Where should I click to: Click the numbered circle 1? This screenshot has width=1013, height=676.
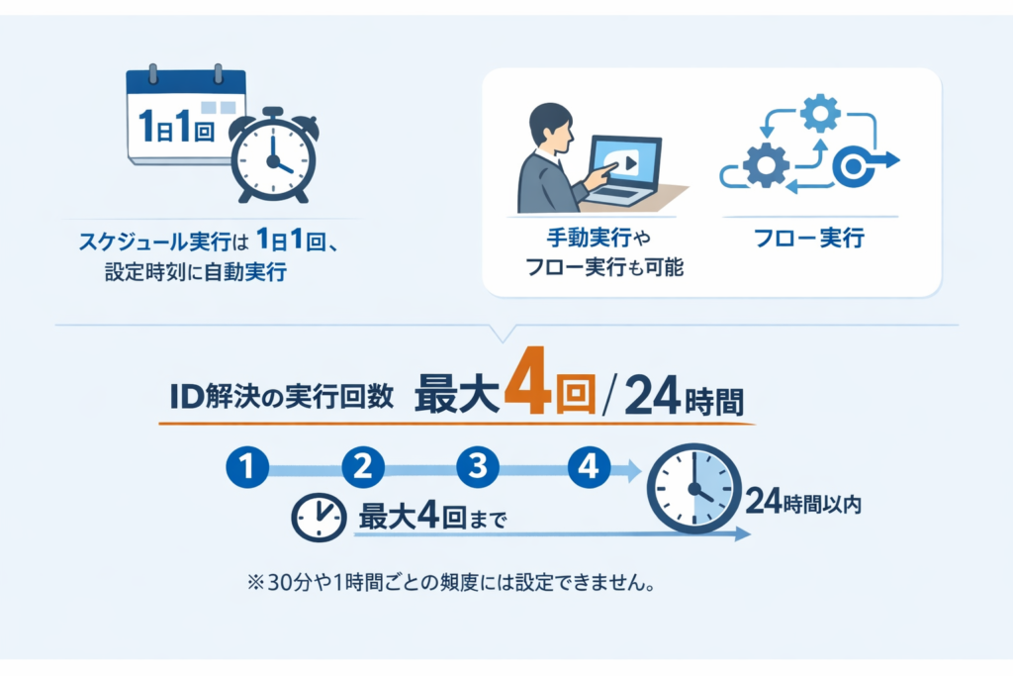(247, 466)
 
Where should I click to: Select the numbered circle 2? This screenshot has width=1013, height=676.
(363, 466)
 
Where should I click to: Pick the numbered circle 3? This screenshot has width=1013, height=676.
(478, 466)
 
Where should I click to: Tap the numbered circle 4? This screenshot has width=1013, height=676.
(590, 466)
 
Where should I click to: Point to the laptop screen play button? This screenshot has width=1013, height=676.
(629, 163)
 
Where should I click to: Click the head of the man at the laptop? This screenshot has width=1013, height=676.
(550, 125)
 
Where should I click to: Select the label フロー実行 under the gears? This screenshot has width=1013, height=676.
(809, 238)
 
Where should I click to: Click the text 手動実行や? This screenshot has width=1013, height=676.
(599, 238)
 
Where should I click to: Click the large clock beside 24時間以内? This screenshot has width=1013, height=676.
(693, 488)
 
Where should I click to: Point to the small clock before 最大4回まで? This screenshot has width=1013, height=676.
(319, 517)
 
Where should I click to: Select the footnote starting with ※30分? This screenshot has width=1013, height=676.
(451, 582)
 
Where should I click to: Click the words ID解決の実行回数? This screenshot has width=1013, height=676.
(282, 396)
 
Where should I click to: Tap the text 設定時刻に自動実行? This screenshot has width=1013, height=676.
(196, 272)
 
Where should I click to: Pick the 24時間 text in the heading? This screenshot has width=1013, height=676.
(685, 396)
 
